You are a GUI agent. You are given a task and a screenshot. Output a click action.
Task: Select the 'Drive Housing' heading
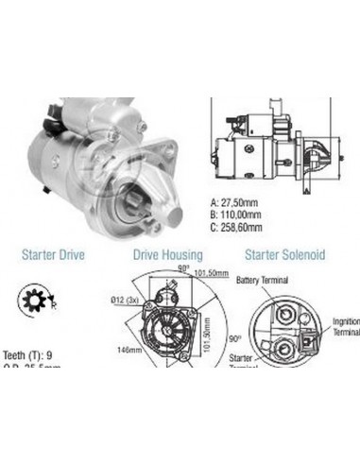tap(167, 254)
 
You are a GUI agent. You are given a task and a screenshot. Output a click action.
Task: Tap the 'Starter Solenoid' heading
tap(284, 254)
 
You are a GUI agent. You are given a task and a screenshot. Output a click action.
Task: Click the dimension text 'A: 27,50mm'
tap(243, 201)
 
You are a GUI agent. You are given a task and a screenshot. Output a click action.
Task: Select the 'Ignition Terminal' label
tap(346, 327)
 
